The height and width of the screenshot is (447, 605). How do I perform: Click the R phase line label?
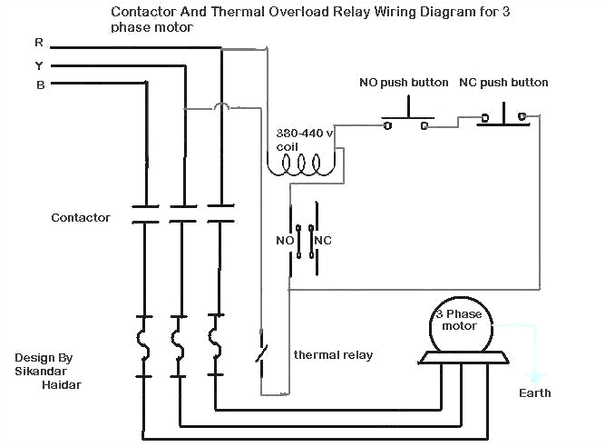point(38,43)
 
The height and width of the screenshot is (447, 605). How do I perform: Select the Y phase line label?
point(38,65)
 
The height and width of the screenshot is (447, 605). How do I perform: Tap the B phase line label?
point(39,85)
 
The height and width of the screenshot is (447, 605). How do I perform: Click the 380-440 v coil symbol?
point(302,164)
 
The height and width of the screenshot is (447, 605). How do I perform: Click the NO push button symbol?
point(405,122)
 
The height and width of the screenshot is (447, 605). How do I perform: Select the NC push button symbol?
point(503,117)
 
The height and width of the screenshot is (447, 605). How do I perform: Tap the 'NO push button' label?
point(404,83)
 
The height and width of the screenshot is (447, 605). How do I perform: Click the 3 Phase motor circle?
point(461,325)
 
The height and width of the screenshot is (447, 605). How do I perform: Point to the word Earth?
point(534,393)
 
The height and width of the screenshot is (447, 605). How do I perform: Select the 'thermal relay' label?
point(333,354)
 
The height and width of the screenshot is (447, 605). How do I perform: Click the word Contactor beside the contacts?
point(81,218)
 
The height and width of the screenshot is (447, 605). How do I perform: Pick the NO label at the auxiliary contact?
point(283,242)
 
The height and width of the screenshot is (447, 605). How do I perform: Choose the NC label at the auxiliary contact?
point(323,242)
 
